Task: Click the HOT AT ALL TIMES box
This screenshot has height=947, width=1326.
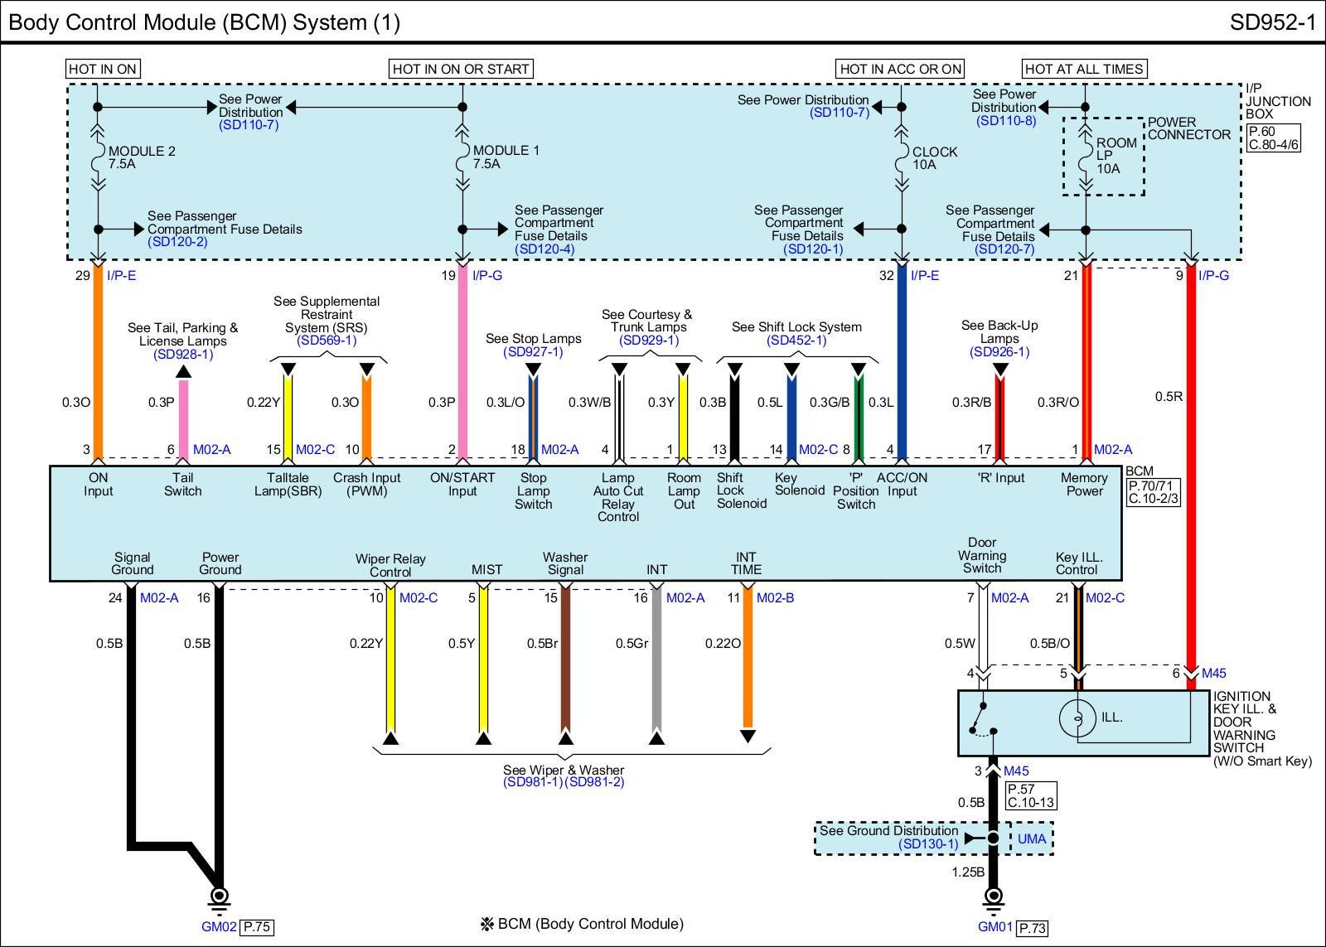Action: point(1084,69)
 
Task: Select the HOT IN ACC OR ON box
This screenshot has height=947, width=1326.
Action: point(901,69)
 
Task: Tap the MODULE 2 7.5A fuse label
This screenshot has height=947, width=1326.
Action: point(141,157)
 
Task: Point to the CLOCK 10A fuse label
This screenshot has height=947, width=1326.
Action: point(934,158)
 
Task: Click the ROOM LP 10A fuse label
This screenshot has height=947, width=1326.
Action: point(1115,156)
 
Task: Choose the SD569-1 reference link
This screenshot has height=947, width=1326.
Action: point(327,341)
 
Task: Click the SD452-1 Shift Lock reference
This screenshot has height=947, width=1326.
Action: point(796,341)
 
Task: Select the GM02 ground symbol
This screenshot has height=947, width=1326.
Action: point(220,896)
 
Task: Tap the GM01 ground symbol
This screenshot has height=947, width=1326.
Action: point(993,896)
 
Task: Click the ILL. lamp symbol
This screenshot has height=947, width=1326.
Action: point(1077,717)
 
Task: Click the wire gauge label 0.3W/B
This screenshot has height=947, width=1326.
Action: point(589,403)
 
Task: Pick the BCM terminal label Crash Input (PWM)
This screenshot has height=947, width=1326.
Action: point(366,485)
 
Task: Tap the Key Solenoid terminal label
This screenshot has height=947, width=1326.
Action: point(799,484)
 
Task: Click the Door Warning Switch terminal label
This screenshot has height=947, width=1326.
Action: point(982,556)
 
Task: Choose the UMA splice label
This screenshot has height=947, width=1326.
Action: point(1032,838)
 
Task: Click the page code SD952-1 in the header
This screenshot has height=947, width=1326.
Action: point(1272,22)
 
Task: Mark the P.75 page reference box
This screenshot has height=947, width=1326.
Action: point(257,927)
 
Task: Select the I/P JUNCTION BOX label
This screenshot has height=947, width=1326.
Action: point(1278,101)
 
